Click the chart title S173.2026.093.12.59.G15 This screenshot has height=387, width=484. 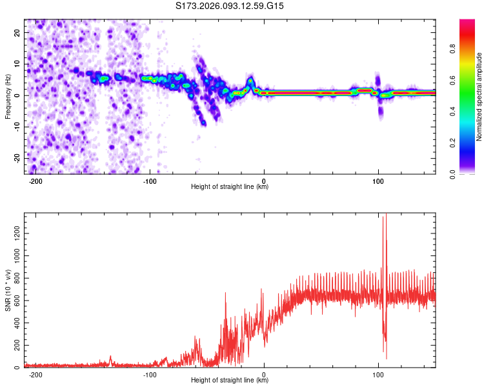coord(230,6)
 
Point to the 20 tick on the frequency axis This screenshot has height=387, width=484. coord(19,32)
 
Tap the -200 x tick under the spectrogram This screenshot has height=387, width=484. coord(35,181)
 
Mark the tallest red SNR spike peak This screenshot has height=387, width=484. coord(386,214)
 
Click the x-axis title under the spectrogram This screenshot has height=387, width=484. coord(230,187)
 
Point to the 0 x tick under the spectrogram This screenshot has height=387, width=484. coord(264,181)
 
